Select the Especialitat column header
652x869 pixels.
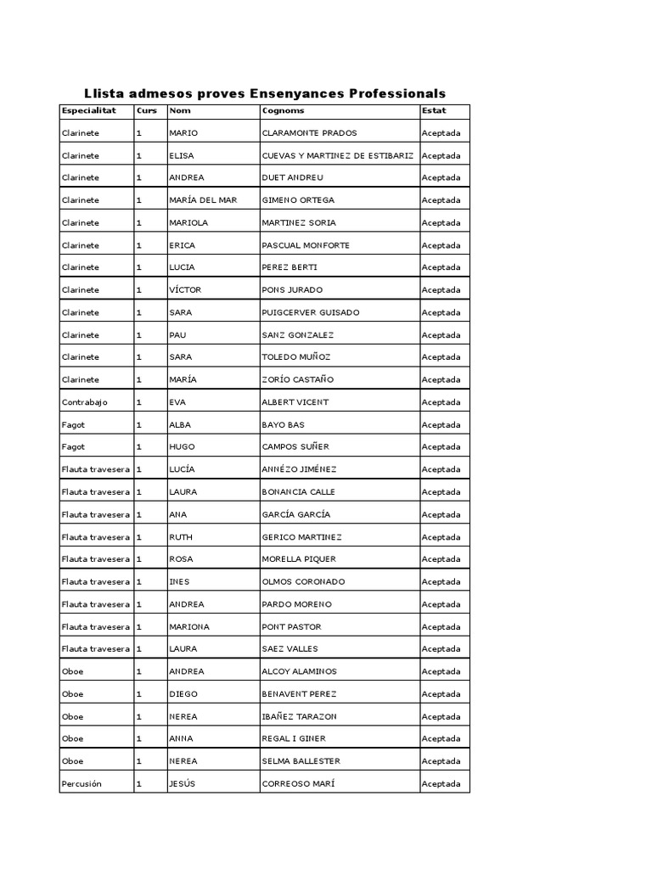tap(88, 110)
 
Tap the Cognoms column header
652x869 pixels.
tap(284, 110)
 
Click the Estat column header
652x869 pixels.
tap(434, 110)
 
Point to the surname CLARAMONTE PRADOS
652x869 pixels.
tap(310, 133)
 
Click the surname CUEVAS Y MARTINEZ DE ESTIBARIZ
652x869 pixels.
tap(338, 155)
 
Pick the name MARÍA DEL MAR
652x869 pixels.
tap(203, 200)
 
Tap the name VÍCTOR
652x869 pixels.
tap(185, 290)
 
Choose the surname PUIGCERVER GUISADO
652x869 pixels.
tap(311, 312)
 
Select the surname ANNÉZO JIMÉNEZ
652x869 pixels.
tap(300, 469)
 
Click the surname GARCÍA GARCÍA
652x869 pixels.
tap(296, 514)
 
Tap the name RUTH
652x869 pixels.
tap(182, 537)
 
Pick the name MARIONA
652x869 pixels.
tap(189, 627)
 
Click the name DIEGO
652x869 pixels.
tap(183, 694)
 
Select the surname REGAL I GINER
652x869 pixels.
tap(294, 739)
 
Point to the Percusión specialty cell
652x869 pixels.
tap(81, 784)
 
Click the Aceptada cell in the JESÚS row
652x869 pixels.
tap(441, 784)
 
